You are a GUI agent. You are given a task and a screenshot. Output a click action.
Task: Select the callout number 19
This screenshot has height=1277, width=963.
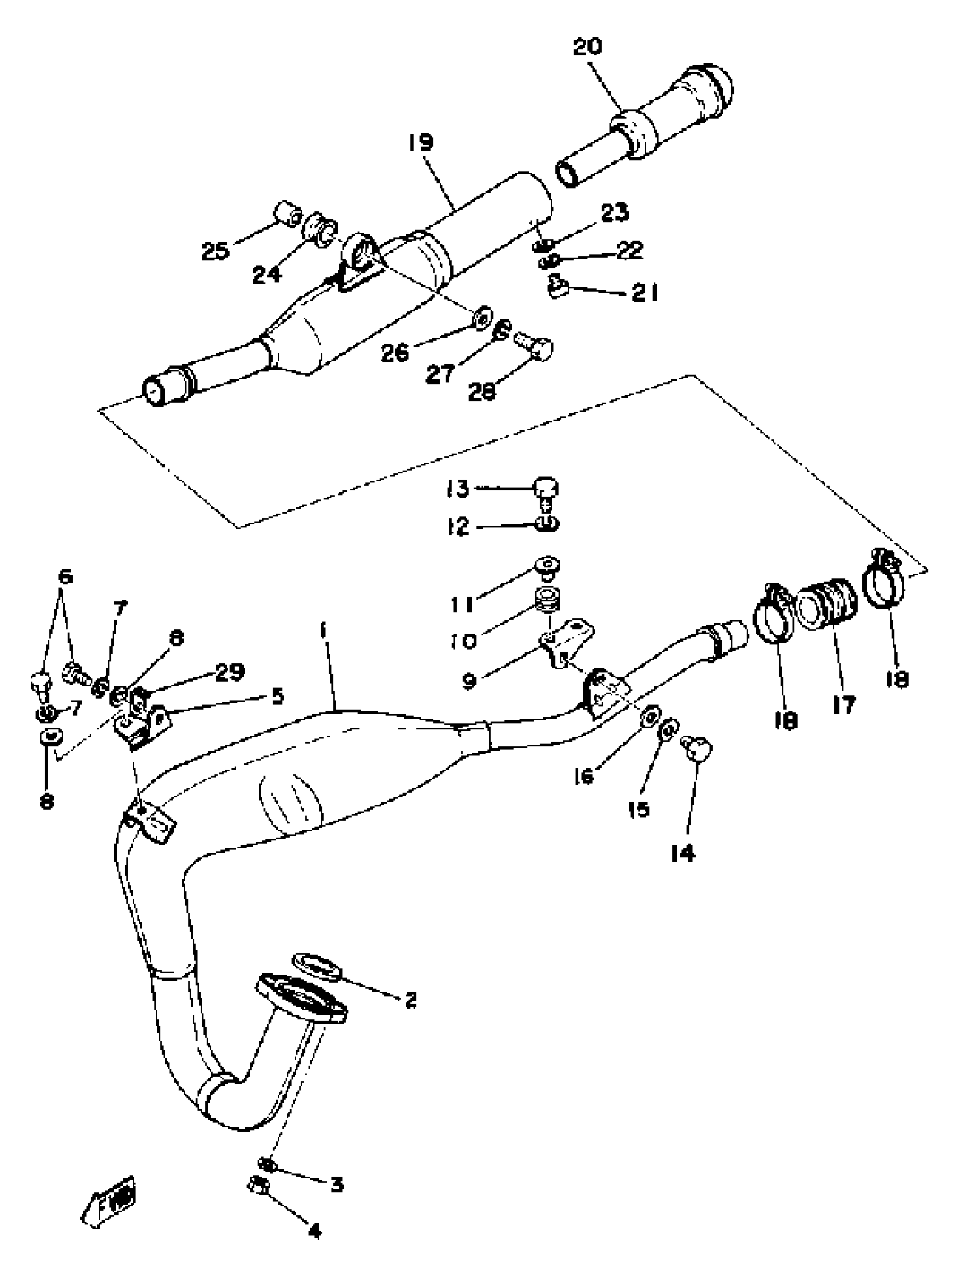coord(420,142)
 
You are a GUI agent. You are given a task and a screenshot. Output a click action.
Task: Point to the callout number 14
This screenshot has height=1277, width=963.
coord(683,853)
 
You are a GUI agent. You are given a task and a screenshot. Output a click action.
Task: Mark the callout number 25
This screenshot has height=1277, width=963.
coord(215,251)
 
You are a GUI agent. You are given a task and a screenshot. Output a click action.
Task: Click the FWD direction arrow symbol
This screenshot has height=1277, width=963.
coord(110,1206)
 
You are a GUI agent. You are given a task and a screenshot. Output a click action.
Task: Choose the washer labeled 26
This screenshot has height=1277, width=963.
coord(483,318)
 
